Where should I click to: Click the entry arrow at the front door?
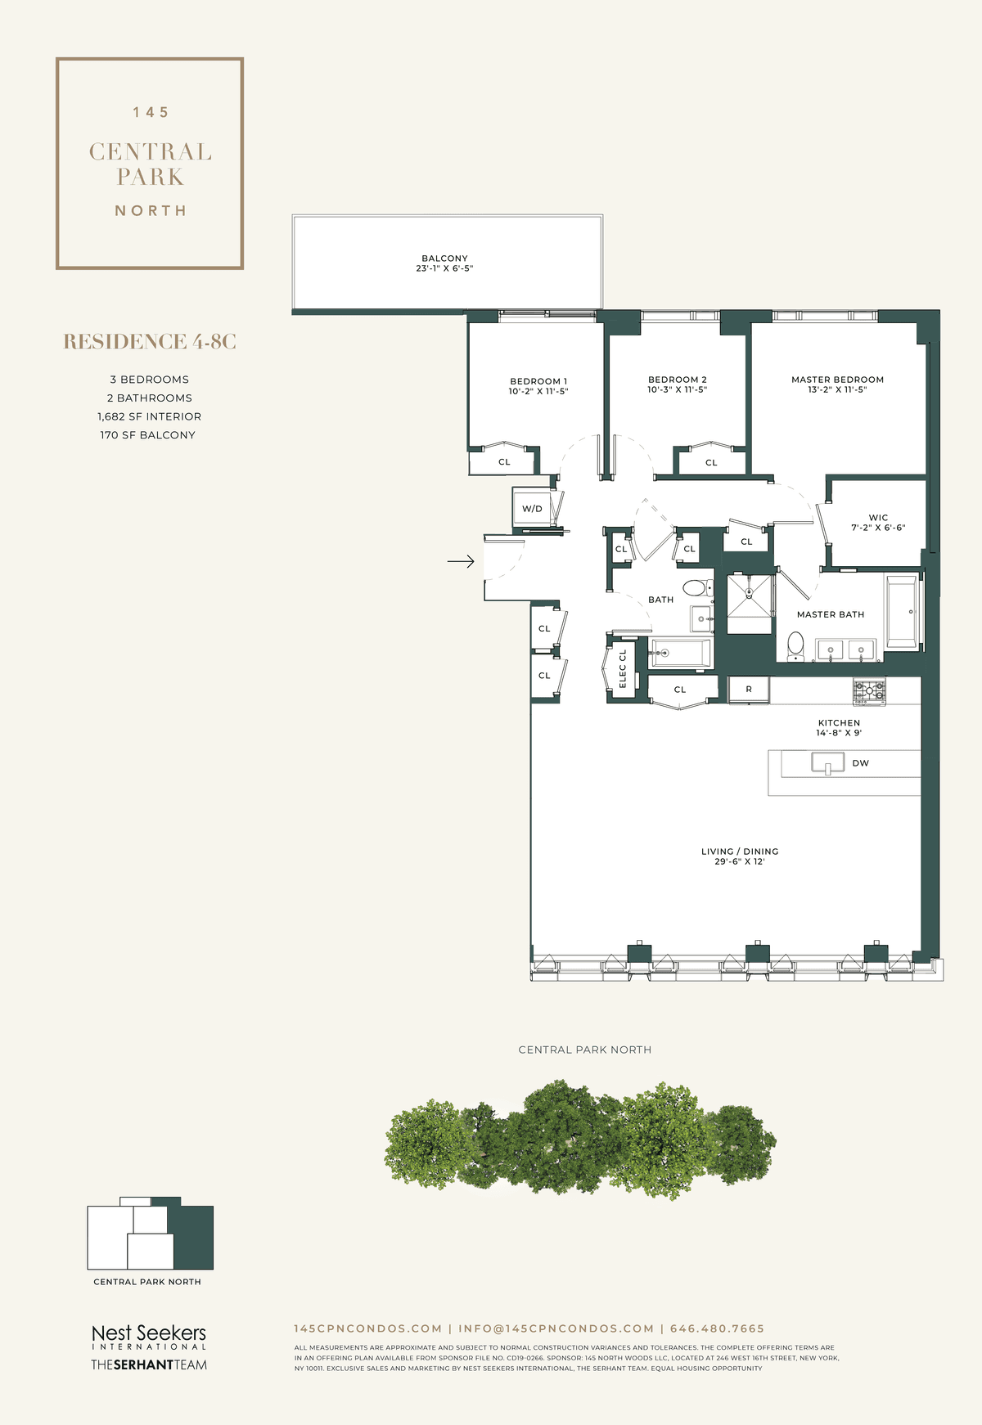click(461, 561)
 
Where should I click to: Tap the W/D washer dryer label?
click(532, 509)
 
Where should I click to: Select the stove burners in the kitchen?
click(869, 692)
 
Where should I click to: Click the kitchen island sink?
click(827, 763)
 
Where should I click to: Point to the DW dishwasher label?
click(861, 763)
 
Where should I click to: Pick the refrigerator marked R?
click(749, 690)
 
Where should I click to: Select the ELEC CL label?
click(623, 668)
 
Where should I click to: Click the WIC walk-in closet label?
click(878, 518)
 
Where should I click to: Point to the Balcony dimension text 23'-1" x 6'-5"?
click(444, 268)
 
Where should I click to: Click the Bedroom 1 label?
click(538, 381)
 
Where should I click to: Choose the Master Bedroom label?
click(838, 380)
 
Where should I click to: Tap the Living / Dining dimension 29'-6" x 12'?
click(740, 861)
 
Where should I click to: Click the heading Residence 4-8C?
click(150, 342)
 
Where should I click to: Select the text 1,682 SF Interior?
click(149, 416)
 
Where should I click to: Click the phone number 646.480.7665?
click(717, 1328)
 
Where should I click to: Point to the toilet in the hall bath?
click(697, 587)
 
